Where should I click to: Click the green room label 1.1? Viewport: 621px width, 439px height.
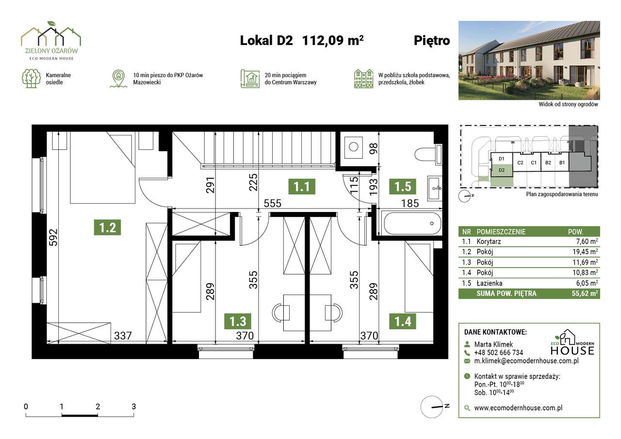(x=302, y=187)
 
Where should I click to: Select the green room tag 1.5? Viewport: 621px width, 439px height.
(x=403, y=187)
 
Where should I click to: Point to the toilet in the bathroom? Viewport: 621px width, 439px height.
(x=428, y=154)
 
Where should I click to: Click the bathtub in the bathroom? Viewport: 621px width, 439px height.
(x=412, y=223)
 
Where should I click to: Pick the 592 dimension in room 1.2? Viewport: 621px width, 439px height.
(x=53, y=237)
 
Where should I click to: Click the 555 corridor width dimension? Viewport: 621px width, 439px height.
(x=272, y=203)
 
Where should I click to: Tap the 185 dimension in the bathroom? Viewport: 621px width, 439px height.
(x=410, y=203)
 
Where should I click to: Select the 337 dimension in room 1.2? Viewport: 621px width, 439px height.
(x=123, y=336)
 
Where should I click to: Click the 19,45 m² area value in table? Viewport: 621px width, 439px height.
(x=585, y=252)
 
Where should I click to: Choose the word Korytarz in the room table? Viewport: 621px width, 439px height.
(x=489, y=242)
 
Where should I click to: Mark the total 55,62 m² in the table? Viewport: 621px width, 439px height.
(x=585, y=293)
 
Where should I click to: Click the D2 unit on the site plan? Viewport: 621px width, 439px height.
(x=502, y=170)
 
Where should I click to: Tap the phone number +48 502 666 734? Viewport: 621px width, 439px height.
(x=499, y=353)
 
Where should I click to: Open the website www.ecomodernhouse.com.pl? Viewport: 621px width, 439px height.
(x=518, y=408)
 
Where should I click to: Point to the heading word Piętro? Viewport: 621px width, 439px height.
(x=432, y=41)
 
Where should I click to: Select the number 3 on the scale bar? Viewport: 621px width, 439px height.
(x=133, y=406)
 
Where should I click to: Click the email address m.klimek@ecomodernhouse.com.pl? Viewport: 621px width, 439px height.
(x=526, y=361)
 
